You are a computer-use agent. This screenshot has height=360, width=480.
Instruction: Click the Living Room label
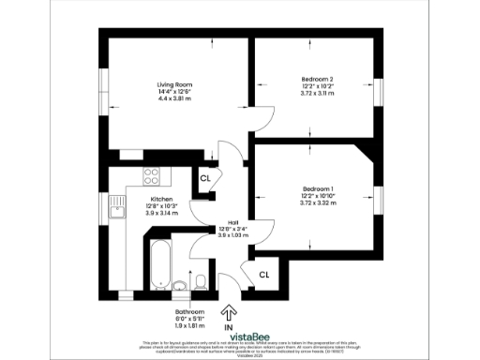pos(174,84)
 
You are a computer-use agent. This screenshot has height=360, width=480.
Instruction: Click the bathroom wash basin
pos(179,283)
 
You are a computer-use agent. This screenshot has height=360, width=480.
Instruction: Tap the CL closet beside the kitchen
pos(204,177)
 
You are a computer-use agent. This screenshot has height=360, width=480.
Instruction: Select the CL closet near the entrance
pos(264,275)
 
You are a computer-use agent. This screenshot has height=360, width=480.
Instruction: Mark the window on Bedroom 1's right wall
pos(380,201)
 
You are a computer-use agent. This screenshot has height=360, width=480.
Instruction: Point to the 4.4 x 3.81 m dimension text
pos(174,97)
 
